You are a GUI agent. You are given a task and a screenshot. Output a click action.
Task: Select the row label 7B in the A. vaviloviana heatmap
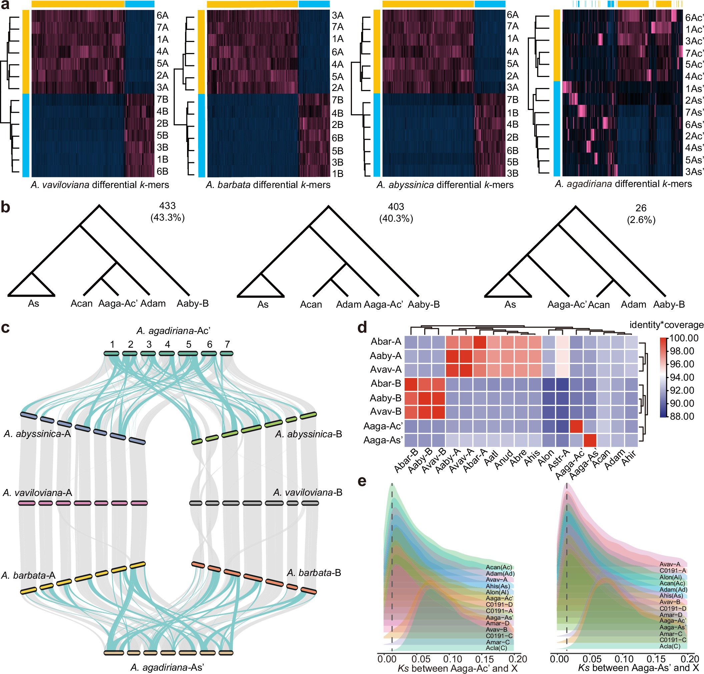point(162,99)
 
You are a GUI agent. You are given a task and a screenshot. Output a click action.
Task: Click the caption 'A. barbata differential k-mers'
point(268,185)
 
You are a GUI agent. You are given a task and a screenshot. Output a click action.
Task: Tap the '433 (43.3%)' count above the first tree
point(167,212)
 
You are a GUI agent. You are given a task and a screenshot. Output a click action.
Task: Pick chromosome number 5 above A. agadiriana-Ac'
point(188,345)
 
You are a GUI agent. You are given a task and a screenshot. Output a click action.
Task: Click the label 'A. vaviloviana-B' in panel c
point(307,492)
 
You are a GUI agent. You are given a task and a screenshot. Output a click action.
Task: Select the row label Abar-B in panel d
point(386,384)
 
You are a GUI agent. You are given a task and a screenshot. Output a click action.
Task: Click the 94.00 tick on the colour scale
point(682,377)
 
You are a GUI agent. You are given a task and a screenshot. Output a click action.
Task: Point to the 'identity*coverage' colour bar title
point(666,325)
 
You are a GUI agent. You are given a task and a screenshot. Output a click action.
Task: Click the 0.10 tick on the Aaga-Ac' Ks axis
point(452,659)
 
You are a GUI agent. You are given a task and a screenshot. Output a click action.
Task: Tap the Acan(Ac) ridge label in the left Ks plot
point(499,567)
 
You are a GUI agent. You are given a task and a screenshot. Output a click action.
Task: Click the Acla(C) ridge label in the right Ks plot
point(670,646)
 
